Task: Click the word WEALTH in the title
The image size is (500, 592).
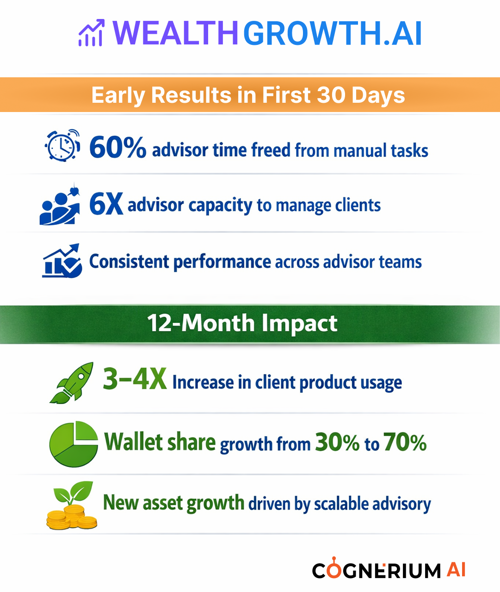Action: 175,33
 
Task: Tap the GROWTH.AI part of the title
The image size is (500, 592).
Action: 333,33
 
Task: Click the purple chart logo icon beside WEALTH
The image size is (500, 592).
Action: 91,33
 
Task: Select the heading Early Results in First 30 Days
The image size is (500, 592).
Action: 248,95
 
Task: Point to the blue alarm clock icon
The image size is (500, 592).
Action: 62,145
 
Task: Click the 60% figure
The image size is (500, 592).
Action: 117,147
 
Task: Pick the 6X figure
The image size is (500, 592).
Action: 106,204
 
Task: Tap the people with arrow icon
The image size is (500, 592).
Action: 60,205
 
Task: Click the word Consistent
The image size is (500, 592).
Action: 129,261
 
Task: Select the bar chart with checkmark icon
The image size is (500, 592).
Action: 62,261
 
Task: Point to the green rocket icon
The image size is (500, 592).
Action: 72,383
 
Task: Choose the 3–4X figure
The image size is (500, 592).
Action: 135,379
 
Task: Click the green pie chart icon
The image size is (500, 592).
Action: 74,444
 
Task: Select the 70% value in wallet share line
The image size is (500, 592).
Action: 405,442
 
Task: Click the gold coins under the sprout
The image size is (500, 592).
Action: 72,517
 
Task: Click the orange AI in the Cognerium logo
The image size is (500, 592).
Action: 456,569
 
